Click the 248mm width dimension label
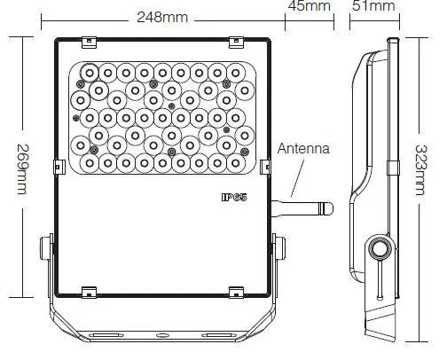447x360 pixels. coord(161,17)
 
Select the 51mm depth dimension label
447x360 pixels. coord(373,7)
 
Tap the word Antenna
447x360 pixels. coord(304,150)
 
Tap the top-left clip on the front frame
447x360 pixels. coord(89,41)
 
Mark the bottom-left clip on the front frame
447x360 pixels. coord(89,291)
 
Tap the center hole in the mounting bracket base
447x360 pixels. coord(163,337)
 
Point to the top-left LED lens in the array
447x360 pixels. coord(90,72)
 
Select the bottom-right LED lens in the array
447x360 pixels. coord(237,163)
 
